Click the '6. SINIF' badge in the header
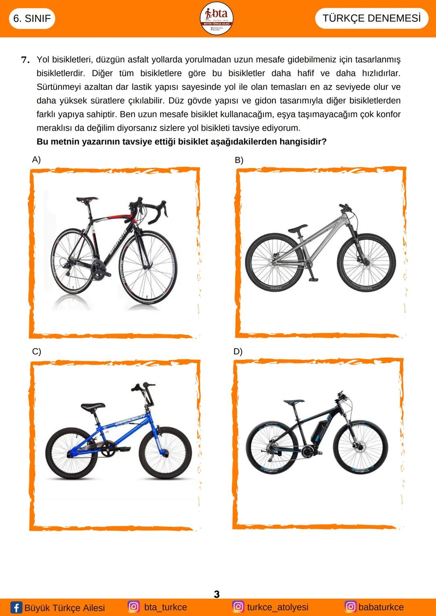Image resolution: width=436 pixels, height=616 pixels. coord(32,19)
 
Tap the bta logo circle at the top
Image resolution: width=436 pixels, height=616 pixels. coord(217,18)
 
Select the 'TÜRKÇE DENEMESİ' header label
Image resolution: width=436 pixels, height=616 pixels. coord(371,18)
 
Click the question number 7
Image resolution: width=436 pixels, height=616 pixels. coord(25,60)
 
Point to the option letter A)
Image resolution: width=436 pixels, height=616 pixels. coord(36,159)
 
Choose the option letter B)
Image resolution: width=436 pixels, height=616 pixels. coord(239,160)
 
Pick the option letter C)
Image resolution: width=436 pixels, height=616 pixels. coord(37,351)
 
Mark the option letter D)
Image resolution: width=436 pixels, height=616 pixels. coord(238,351)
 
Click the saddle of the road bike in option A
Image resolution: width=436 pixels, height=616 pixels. coord(87,199)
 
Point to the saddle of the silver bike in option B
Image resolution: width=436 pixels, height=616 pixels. coord(298,228)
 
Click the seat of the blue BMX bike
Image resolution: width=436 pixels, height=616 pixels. coord(93,406)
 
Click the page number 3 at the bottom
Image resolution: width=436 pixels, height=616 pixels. coord(217,594)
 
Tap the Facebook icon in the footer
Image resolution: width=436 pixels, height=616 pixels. coord(16,607)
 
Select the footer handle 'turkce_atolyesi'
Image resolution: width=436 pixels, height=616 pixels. coord(277,607)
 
